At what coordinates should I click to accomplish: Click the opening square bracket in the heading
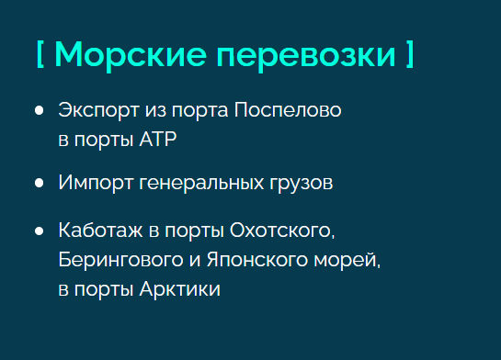coord(40,54)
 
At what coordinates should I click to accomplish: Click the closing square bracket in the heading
coord(410,54)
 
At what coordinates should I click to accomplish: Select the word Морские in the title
coord(131,55)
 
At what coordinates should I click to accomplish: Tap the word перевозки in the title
coord(306,57)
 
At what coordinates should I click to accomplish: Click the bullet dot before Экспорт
coord(39,110)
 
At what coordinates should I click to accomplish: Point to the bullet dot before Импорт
coord(39,183)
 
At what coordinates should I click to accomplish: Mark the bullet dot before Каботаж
coord(39,231)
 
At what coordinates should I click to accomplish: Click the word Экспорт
coord(98,111)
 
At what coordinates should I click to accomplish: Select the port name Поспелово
coord(288,110)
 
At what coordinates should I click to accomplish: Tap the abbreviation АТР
coord(158,140)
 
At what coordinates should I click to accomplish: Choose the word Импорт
coord(96,184)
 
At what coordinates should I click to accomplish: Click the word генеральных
coord(201,184)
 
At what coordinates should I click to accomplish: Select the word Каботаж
coord(100,231)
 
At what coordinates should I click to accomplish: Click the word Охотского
coord(282,231)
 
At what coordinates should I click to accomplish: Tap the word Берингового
coord(120,261)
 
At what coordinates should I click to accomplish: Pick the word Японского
coord(257,261)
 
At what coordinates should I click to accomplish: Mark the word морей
coord(347,261)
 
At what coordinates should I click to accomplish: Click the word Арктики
coord(180,289)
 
